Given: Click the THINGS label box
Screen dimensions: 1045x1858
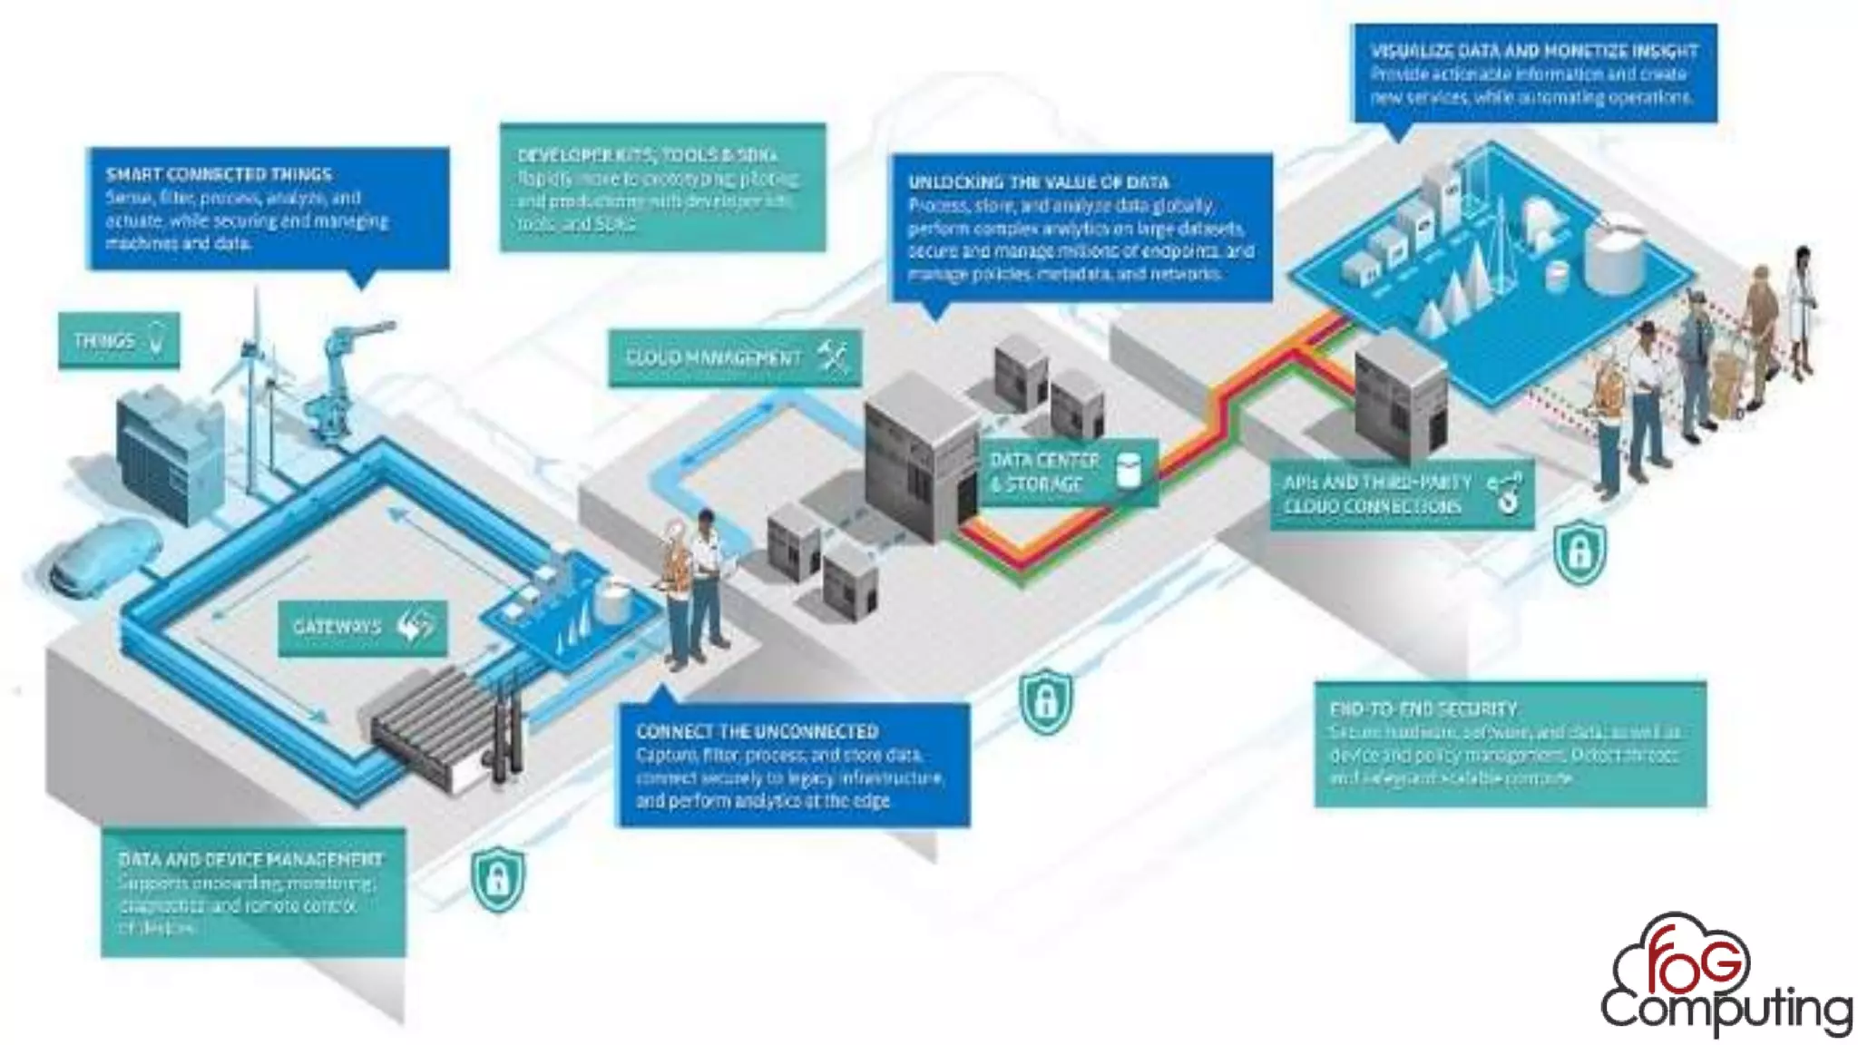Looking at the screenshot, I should click(118, 341).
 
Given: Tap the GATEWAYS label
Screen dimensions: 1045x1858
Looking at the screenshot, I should click(361, 627).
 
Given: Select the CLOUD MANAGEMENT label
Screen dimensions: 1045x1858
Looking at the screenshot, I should click(734, 357).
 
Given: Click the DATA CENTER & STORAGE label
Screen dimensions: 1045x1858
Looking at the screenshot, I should click(1067, 473).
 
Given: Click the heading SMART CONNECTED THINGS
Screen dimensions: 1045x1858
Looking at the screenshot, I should click(219, 174).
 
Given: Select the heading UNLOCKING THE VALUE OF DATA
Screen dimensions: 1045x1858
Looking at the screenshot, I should click(1038, 182).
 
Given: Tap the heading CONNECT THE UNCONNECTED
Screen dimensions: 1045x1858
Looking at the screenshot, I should click(757, 731).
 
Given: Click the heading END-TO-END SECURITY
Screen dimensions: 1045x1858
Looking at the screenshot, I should click(1423, 708).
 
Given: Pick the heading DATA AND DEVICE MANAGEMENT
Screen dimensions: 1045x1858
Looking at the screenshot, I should click(250, 858).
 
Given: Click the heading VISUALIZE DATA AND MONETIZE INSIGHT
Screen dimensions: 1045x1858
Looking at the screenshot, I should click(1533, 51).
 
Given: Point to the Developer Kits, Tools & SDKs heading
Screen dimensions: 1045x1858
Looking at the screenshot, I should click(647, 155).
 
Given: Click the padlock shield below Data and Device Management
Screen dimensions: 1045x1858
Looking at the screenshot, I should click(497, 878).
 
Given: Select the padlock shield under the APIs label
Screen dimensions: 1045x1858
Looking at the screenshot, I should click(1579, 551).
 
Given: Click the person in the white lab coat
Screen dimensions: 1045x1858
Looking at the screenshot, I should click(1800, 308).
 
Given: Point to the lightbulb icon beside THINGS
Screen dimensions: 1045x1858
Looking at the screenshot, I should click(158, 339).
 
